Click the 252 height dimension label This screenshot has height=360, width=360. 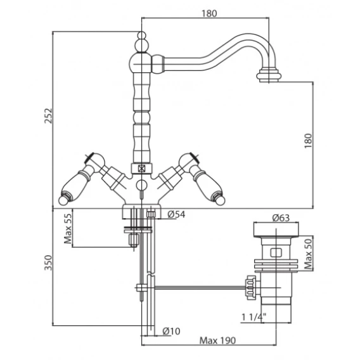pos(48,116)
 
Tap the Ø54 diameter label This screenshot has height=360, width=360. pos(176,214)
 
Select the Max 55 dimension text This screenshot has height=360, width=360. pos(68,228)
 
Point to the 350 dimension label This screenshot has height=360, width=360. pos(48,262)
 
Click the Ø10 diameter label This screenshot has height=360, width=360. pos(171,331)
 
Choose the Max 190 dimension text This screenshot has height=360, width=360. pos(217,340)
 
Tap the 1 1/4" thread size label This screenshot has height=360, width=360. pos(254,318)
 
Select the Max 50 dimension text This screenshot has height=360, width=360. pos(308,254)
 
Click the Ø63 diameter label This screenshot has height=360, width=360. pos(281,217)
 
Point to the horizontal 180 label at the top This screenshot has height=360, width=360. pos(209,14)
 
